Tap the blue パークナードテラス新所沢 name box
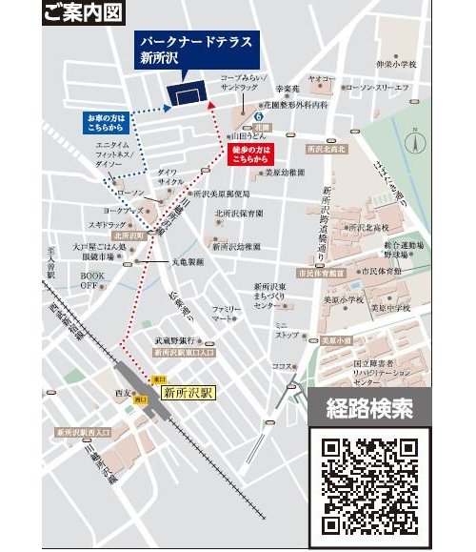point(182,51)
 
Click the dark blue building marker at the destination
point(187,92)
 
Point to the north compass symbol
point(415,143)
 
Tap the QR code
point(369,483)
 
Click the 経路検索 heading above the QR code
point(369,410)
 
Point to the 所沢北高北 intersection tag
point(326,149)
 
